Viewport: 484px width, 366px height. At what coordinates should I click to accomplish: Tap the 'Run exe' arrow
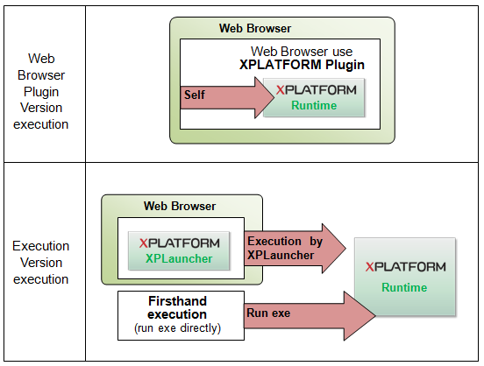[298, 313]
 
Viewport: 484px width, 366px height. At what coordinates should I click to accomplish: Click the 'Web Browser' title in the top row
[255, 29]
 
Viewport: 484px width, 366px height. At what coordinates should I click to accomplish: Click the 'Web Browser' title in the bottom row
[180, 206]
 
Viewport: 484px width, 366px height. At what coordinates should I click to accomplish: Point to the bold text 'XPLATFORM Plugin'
[302, 65]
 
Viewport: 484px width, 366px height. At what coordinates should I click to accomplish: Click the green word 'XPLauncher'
[179, 260]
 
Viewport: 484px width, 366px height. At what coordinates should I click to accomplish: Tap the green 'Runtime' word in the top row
[314, 105]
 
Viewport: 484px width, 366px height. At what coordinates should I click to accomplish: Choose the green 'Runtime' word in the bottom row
[404, 287]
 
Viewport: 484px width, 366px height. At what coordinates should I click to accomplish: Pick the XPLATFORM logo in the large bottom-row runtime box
[405, 266]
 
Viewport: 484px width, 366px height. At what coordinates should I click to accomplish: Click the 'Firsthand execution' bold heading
[177, 307]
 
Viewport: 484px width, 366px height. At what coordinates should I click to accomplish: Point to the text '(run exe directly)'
[177, 329]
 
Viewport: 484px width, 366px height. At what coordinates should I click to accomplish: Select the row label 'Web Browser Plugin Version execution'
[41, 91]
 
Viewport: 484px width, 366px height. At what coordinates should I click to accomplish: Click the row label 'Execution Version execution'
[41, 263]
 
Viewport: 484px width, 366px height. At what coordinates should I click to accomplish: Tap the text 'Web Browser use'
[302, 52]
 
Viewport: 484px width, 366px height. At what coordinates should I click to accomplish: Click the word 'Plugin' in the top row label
[41, 91]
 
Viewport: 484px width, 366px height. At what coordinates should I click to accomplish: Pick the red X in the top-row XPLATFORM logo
[280, 89]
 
